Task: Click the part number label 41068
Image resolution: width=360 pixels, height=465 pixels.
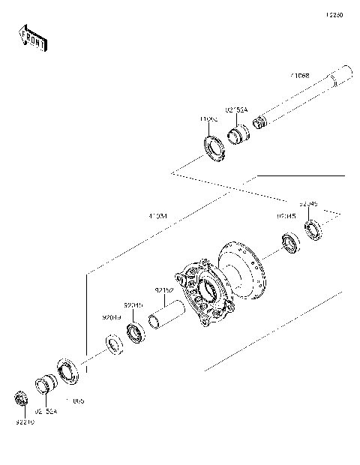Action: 301,76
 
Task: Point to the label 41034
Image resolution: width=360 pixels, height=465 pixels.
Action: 157,217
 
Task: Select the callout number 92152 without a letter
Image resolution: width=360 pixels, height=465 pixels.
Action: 165,289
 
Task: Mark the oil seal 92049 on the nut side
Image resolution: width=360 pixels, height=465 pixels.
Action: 113,343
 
